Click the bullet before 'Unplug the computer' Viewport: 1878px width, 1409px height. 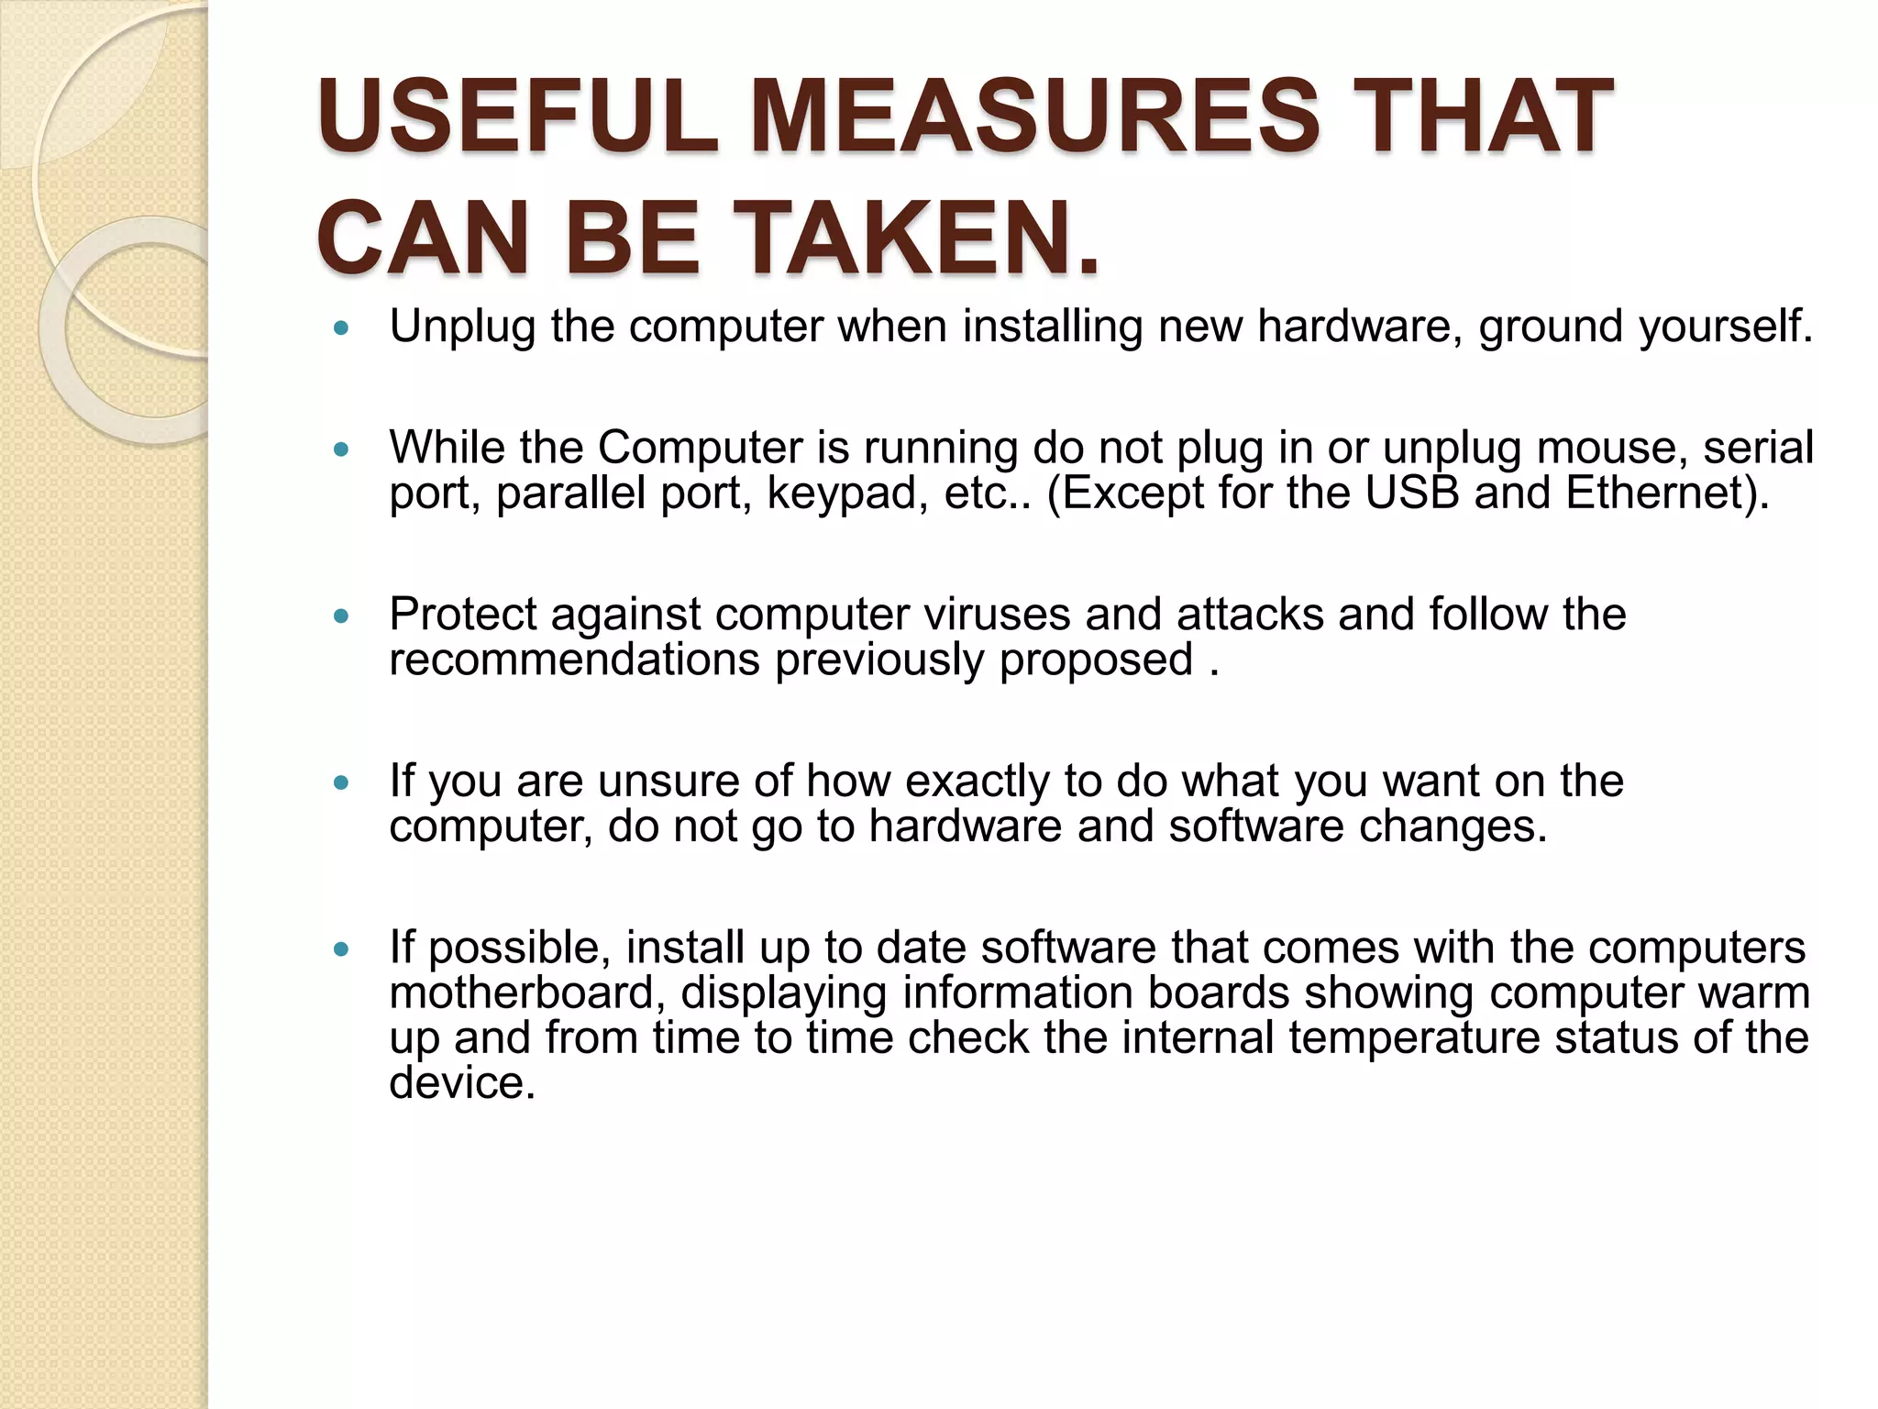[342, 327]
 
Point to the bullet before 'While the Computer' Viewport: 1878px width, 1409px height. [342, 449]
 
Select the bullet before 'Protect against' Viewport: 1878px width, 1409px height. [342, 616]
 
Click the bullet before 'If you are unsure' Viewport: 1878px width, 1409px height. [342, 782]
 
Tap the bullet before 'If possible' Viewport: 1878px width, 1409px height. [342, 949]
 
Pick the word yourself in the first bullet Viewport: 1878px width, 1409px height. [1724, 327]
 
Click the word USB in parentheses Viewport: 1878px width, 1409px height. [1411, 494]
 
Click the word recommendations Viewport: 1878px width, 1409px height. [574, 660]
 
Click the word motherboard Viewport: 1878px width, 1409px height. [527, 993]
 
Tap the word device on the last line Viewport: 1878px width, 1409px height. [461, 1082]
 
